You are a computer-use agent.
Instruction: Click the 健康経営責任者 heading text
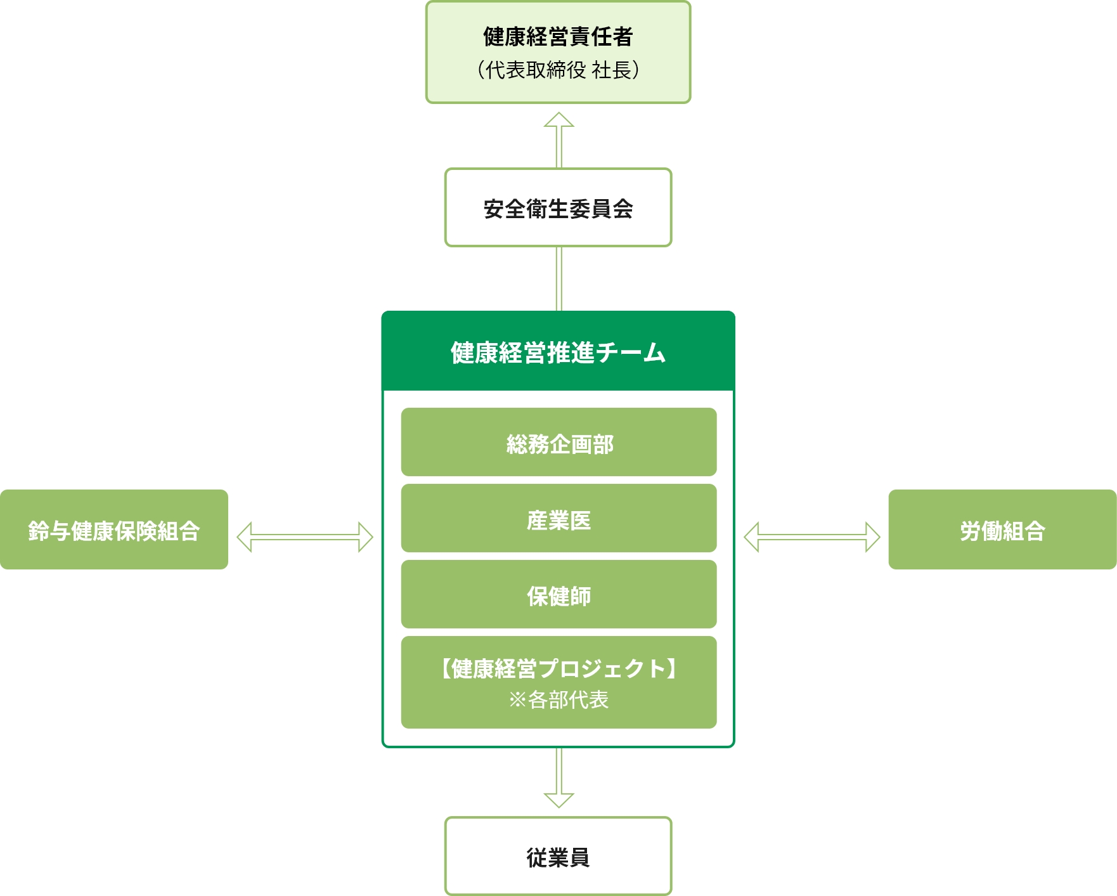pos(558,37)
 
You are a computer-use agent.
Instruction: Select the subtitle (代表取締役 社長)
pos(558,70)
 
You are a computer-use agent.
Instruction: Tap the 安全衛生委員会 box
pos(558,208)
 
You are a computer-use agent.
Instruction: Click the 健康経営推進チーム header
pos(558,353)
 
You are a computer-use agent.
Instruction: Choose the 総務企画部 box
pos(558,443)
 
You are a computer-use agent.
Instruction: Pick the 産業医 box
pos(558,519)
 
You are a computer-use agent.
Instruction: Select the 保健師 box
pos(558,595)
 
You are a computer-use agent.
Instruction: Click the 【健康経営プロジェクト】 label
pos(558,668)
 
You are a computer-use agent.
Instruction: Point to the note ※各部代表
pos(558,699)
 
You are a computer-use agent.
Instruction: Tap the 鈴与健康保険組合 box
pos(114,529)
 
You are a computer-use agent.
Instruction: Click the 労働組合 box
pos(1002,529)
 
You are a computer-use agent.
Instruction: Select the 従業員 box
pos(558,856)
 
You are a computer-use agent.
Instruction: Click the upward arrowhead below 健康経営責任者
pos(558,120)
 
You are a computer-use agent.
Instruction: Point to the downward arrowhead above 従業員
pos(558,799)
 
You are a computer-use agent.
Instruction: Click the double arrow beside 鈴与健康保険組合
pos(305,537)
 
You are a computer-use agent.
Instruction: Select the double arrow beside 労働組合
pos(812,537)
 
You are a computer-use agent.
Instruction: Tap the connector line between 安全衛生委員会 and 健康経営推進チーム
pos(558,278)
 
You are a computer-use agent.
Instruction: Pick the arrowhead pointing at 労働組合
pos(873,537)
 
